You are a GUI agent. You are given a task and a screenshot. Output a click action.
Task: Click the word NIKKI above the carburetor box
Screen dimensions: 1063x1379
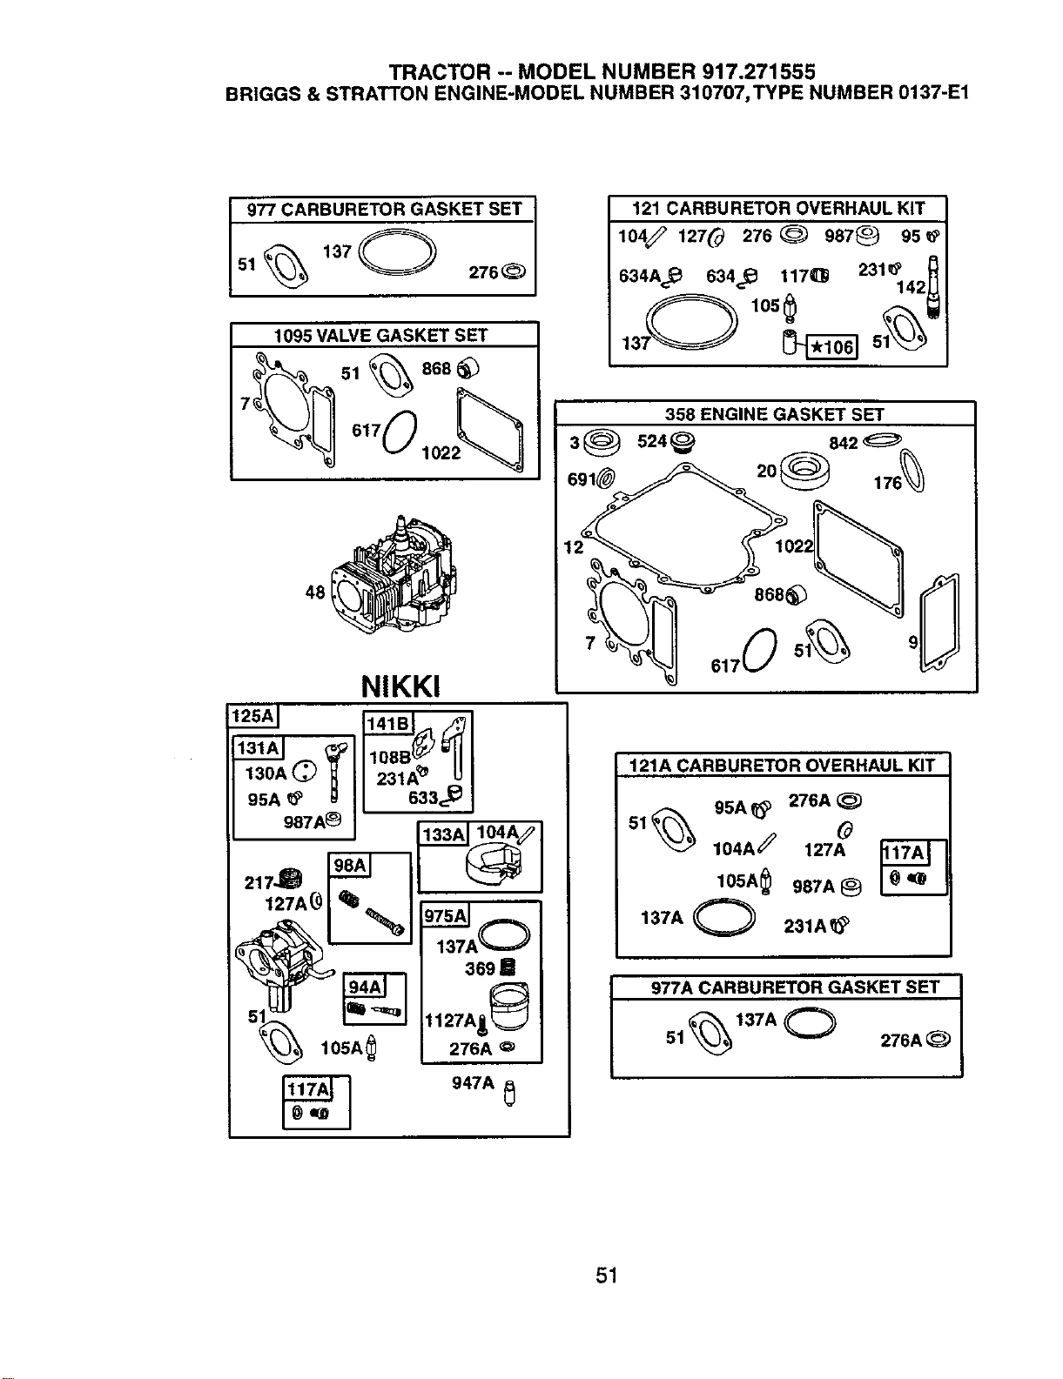[400, 686]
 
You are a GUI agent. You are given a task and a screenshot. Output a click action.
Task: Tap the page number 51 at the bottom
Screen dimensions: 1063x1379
[607, 1275]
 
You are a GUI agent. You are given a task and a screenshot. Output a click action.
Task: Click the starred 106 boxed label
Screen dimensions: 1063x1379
[831, 347]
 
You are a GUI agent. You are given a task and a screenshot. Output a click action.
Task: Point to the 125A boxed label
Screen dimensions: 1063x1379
[252, 716]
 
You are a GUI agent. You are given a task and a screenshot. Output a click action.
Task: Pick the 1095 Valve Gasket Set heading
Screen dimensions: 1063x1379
[380, 335]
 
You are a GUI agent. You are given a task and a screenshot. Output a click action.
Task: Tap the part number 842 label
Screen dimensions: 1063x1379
[844, 443]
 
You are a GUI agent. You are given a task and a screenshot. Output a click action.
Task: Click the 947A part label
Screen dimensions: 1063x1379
[473, 1082]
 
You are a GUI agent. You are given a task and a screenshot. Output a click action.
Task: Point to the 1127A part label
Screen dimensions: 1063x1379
[450, 1021]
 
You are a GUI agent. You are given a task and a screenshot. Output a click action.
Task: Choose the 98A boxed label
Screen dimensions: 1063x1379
[350, 865]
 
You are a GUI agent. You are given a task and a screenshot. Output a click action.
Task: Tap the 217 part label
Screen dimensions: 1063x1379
[259, 883]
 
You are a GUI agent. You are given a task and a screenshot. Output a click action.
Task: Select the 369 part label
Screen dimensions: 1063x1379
[480, 968]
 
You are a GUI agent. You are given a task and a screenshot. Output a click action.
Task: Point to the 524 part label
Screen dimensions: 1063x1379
[652, 441]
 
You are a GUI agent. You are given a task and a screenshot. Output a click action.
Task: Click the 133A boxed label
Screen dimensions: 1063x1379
[443, 833]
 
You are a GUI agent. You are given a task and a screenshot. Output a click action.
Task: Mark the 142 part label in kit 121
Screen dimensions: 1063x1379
[911, 287]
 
